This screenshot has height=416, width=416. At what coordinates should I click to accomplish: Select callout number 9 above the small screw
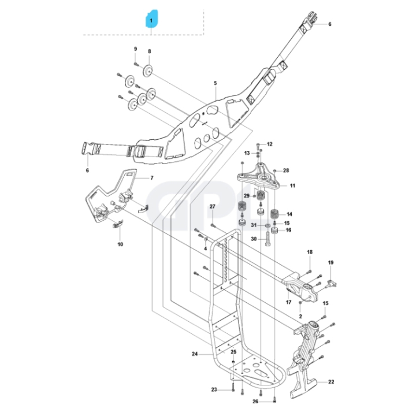(x=136, y=49)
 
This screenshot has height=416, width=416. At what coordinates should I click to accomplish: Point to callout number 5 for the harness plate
(x=214, y=84)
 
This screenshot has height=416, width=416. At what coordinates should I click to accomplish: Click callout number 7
(x=152, y=178)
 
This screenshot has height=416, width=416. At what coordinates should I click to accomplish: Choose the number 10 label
(x=120, y=244)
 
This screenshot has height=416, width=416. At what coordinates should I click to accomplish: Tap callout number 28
(x=285, y=170)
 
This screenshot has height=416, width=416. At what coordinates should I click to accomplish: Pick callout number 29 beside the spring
(x=246, y=196)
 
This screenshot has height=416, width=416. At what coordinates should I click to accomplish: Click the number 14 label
(x=289, y=214)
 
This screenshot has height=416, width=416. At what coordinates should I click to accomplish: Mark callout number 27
(x=212, y=207)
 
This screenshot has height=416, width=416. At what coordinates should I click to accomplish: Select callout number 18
(x=309, y=252)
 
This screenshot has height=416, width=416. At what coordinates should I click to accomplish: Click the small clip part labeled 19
(x=331, y=282)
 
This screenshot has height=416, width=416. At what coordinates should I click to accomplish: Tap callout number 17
(x=288, y=302)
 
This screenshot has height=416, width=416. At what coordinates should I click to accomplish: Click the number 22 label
(x=331, y=382)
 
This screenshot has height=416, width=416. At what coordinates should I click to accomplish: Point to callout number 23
(x=214, y=390)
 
